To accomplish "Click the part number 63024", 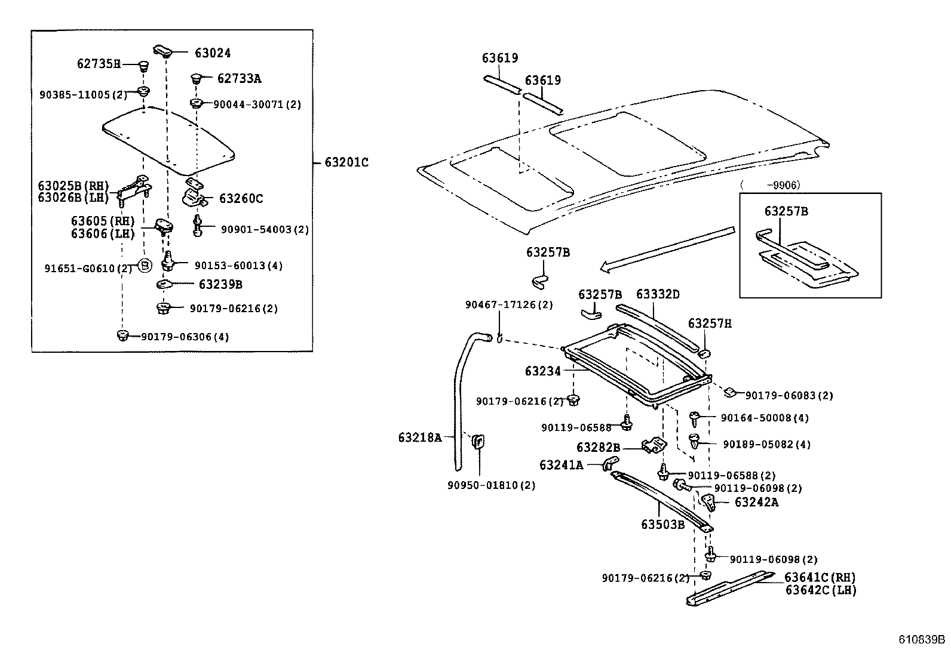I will pos(212,53).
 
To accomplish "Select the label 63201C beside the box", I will pos(346,162).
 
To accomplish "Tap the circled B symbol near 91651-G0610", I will pos(144,266).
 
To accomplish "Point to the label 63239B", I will pos(220,285).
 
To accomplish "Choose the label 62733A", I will pos(239,78).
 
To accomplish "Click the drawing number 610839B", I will pos(922,640).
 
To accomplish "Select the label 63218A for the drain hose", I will pos(419,438).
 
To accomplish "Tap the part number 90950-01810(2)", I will pos(491,485).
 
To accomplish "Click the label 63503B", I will pos(662,525).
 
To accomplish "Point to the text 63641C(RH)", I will pos(820,578).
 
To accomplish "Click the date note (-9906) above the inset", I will pos(770,186).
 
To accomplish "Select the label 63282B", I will pos(598,448).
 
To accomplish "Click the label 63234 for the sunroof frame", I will pos(542,371).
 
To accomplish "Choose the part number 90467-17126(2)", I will pos(509,305).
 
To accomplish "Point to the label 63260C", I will pos(241,199).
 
